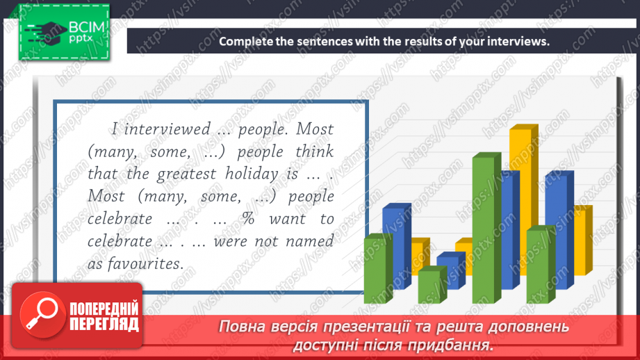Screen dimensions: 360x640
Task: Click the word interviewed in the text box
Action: click(x=166, y=129)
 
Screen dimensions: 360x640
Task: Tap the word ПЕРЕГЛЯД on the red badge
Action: click(x=104, y=324)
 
